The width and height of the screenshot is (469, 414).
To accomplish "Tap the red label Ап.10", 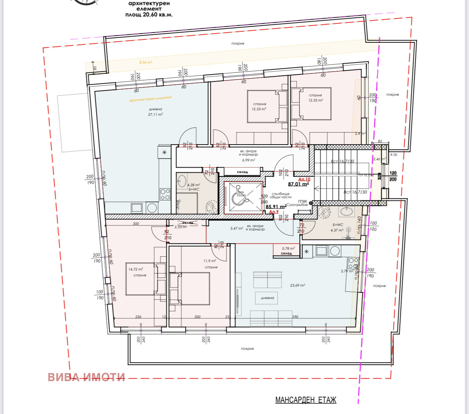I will (x=304, y=179).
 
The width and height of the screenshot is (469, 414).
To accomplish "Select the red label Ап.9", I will (x=274, y=212).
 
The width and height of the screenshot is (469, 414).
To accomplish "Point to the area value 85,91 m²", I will (x=276, y=207).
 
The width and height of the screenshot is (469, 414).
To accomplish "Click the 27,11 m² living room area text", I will (x=155, y=114).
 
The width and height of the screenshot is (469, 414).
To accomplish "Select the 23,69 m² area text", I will (x=297, y=285).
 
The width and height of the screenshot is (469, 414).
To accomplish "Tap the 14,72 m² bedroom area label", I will (x=136, y=269).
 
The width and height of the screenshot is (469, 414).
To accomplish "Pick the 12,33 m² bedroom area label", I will (x=259, y=109).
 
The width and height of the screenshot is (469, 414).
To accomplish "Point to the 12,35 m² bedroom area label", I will (x=315, y=100).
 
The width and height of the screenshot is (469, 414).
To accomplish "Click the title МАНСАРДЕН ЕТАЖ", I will (x=305, y=400).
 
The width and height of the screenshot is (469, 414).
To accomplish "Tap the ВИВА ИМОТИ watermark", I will (x=87, y=377).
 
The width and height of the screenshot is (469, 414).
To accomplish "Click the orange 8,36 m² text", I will (x=145, y=62).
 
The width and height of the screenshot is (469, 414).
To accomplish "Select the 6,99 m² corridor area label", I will (x=248, y=160).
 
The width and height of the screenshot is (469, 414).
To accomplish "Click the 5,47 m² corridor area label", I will (x=237, y=229).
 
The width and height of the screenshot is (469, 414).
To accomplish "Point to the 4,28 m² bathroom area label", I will (x=194, y=185).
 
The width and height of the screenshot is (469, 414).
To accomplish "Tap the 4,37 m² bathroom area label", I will (x=337, y=230).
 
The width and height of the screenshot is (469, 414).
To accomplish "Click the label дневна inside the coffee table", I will (x=267, y=298).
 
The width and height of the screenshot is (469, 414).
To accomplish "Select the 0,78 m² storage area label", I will (x=288, y=249).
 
